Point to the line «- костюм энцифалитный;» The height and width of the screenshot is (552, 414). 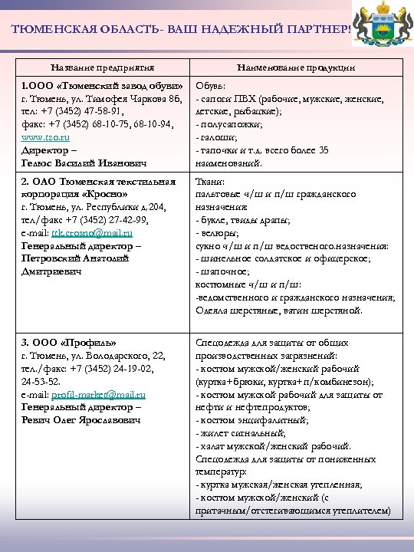[253, 420]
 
